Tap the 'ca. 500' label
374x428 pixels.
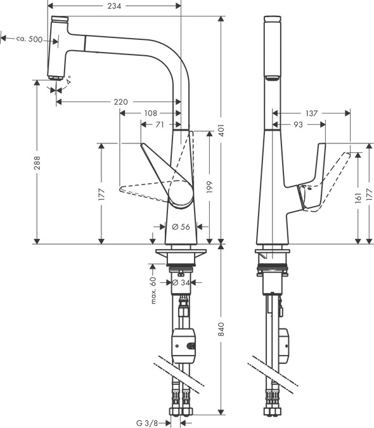click(x=29, y=39)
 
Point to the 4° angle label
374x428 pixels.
click(x=68, y=81)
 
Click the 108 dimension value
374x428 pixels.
click(x=150, y=113)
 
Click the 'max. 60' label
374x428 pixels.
click(x=153, y=289)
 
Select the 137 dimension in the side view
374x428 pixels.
click(x=311, y=113)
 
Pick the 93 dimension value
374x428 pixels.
click(x=297, y=125)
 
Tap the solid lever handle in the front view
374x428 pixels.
click(x=168, y=178)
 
